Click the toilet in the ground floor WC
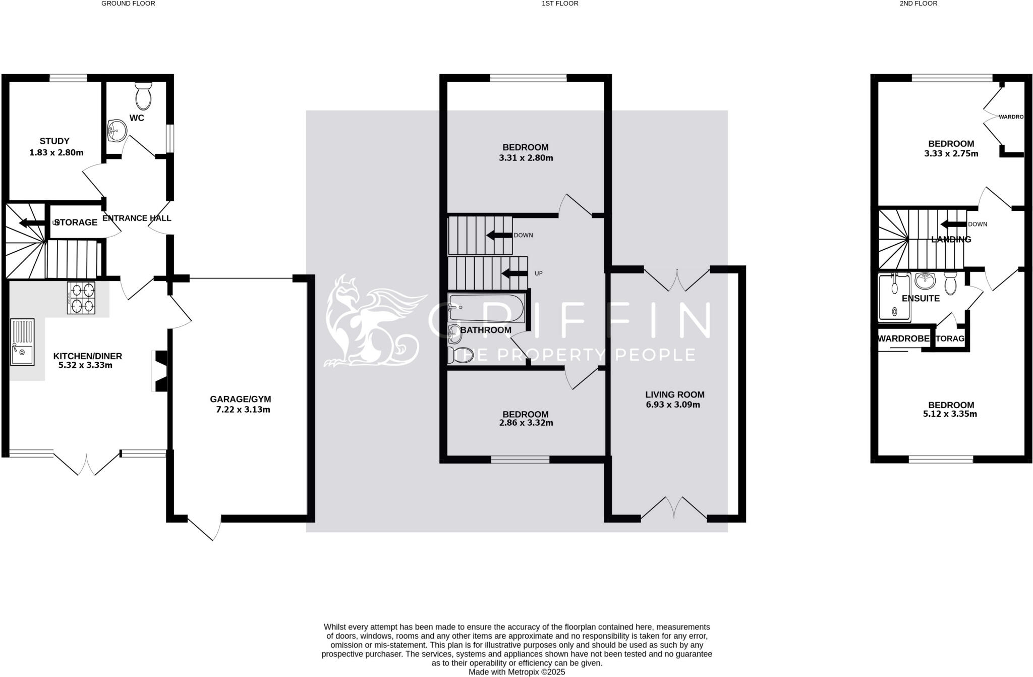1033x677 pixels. click(144, 96)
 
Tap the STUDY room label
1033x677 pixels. click(54, 141)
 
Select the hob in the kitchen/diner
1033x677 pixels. click(81, 298)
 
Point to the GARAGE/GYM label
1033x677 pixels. click(240, 400)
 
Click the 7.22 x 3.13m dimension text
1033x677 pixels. click(243, 410)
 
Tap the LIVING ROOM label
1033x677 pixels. click(674, 394)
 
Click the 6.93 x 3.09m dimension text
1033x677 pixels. click(673, 405)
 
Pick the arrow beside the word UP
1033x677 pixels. click(514, 273)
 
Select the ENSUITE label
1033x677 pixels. click(921, 299)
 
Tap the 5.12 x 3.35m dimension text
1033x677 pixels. click(950, 414)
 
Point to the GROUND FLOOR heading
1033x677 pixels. click(128, 4)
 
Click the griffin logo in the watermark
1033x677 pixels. click(371, 323)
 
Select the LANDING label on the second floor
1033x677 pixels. click(951, 240)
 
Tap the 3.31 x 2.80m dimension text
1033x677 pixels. click(526, 158)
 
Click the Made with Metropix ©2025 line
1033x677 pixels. click(516, 672)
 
